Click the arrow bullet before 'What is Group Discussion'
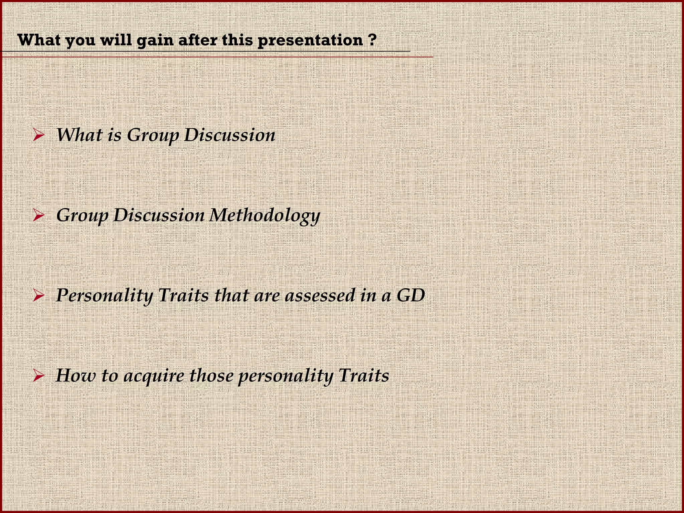click(x=39, y=136)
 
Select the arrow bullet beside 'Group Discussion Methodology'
click(x=39, y=216)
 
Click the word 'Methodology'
click(x=265, y=216)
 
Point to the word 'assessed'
click(x=320, y=295)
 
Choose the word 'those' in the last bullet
click(x=210, y=375)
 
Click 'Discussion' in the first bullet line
click(x=229, y=135)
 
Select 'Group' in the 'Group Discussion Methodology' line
click(x=82, y=216)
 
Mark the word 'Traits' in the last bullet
click(x=364, y=375)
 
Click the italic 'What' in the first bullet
click(x=79, y=135)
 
